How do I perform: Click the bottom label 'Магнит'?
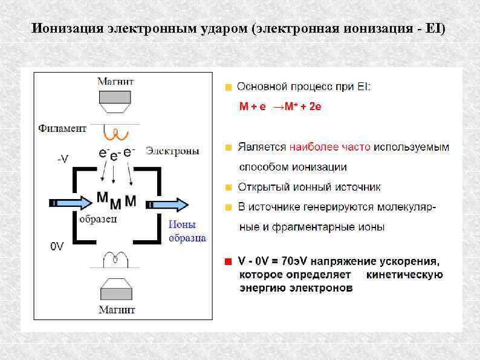[117, 310]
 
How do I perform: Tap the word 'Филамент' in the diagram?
[62, 128]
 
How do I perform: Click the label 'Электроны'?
[172, 151]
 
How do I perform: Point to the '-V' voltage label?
[62, 159]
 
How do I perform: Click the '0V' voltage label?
[57, 246]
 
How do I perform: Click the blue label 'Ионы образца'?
[187, 231]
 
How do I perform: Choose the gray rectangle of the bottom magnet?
[117, 293]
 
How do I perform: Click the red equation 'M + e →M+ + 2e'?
[280, 107]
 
